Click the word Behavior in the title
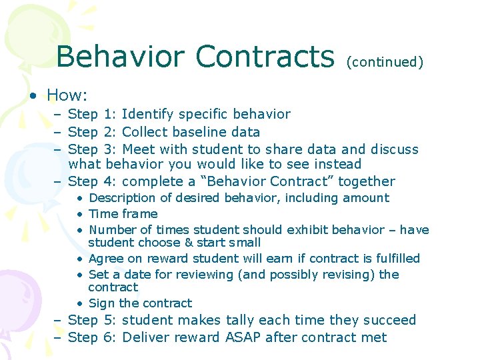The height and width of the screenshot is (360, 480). pyautogui.click(x=121, y=57)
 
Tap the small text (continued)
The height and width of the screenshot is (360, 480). pyautogui.click(x=385, y=62)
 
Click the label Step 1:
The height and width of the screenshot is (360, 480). pyautogui.click(x=93, y=114)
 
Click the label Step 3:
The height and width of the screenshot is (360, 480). pyautogui.click(x=93, y=149)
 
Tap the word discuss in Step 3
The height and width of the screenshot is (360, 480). pyautogui.click(x=395, y=149)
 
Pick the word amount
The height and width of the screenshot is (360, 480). pyautogui.click(x=365, y=198)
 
